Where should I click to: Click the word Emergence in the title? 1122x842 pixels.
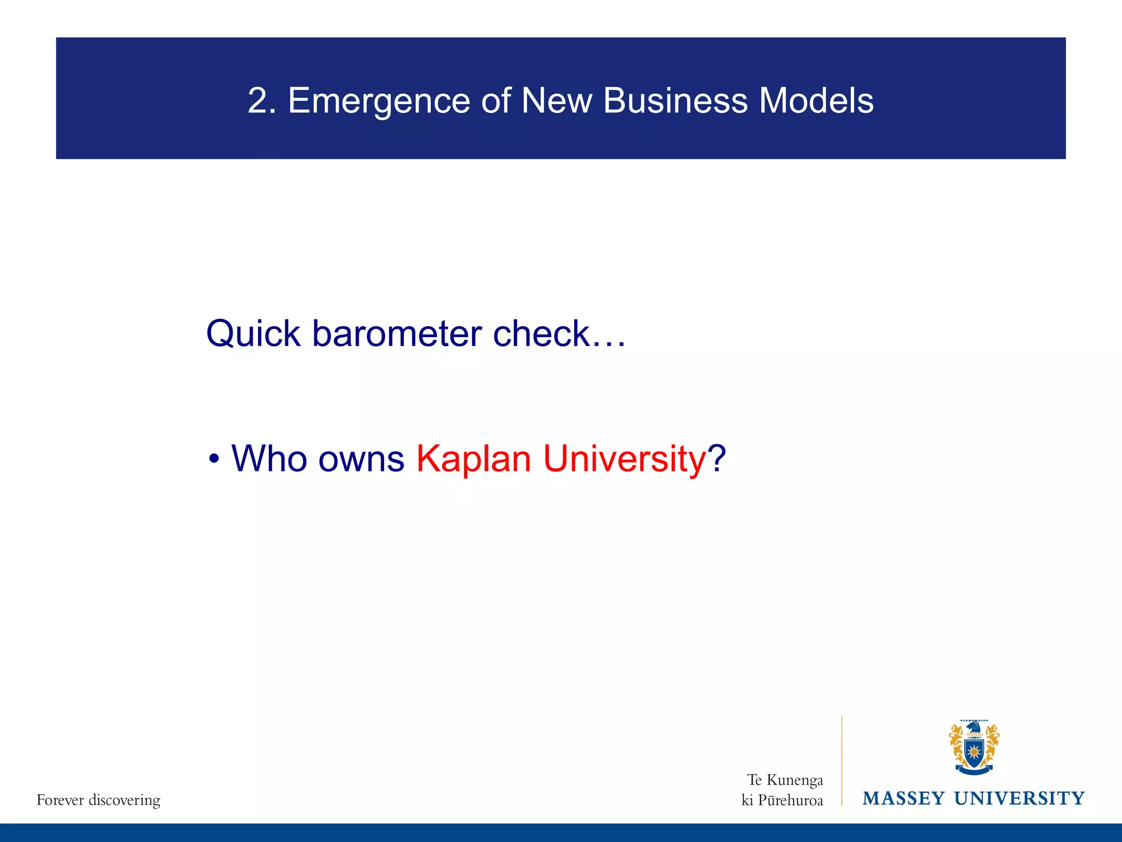pos(379,101)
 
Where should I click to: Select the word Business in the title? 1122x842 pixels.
pos(675,101)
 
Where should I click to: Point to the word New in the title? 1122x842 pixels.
pos(556,101)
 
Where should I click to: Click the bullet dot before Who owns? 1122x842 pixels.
pos(214,459)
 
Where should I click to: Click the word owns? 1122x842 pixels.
pos(361,459)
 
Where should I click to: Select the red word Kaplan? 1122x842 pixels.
pos(473,459)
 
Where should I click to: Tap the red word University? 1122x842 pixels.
pos(624,459)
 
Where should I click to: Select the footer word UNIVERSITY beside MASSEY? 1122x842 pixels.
pos(1019,798)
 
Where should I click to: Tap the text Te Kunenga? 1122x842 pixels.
pos(785,780)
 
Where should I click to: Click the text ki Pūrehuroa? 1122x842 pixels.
pos(782,800)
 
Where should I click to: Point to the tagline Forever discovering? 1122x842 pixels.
pos(99,800)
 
